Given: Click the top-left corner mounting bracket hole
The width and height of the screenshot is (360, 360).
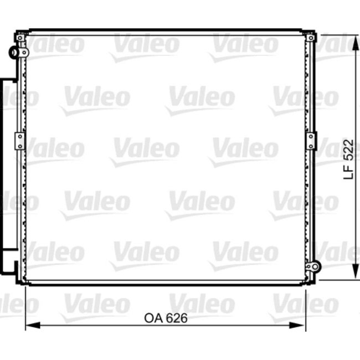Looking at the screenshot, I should pos(21,38).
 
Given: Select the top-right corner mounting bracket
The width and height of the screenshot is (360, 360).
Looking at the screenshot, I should pos(311,38).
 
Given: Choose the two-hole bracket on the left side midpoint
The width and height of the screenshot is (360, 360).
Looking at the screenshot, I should pos(20,141).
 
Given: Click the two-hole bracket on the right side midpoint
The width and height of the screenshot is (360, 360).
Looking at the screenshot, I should pos(311,141).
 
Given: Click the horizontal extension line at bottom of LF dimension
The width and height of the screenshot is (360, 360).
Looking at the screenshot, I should pos(335,280).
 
